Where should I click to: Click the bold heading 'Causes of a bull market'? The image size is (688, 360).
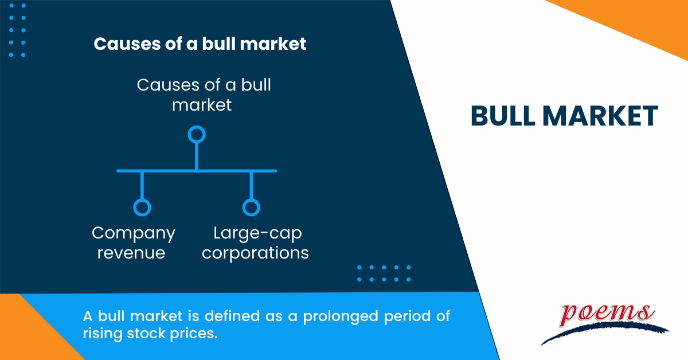pos(200,45)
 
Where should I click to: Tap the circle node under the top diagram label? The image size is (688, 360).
pos(197,135)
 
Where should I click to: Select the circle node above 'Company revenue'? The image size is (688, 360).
pos(142,207)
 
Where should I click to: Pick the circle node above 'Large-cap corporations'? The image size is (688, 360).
pos(251,207)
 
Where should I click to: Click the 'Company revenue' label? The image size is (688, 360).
pos(134,243)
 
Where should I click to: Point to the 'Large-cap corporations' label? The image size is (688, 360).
pos(256,243)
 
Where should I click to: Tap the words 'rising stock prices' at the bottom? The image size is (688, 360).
pos(150,334)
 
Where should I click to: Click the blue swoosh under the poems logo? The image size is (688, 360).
pos(602,332)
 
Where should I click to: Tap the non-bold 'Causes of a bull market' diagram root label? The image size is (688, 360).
pos(204,95)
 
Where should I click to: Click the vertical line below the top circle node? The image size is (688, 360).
pos(197,156)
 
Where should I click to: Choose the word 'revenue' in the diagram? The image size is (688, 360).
pos(131,253)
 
